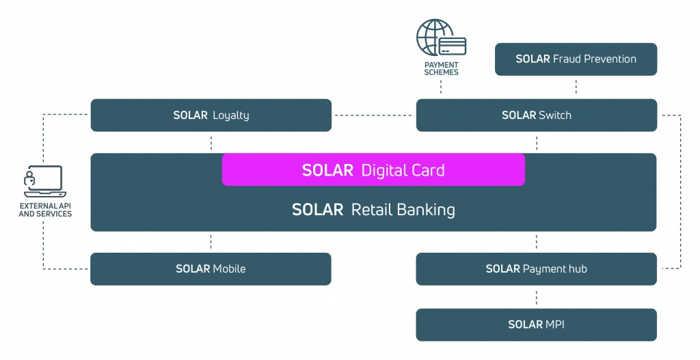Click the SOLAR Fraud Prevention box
pos(576,59)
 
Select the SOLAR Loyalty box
pos(211,115)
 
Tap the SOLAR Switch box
pos(536,115)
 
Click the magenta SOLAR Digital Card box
pos(373,170)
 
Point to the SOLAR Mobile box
pos(211,269)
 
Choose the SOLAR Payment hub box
pos(536,269)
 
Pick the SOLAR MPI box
pos(536,324)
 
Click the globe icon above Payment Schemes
pos(431,36)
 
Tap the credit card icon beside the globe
pos(453,46)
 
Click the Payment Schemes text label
pos(441,68)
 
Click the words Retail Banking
pos(403,210)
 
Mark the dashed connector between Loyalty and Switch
pos(374,115)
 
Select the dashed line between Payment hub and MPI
pos(536,297)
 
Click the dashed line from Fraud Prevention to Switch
pos(576,87)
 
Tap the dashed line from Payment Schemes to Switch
pos(441,87)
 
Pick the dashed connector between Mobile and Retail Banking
pos(211,242)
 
